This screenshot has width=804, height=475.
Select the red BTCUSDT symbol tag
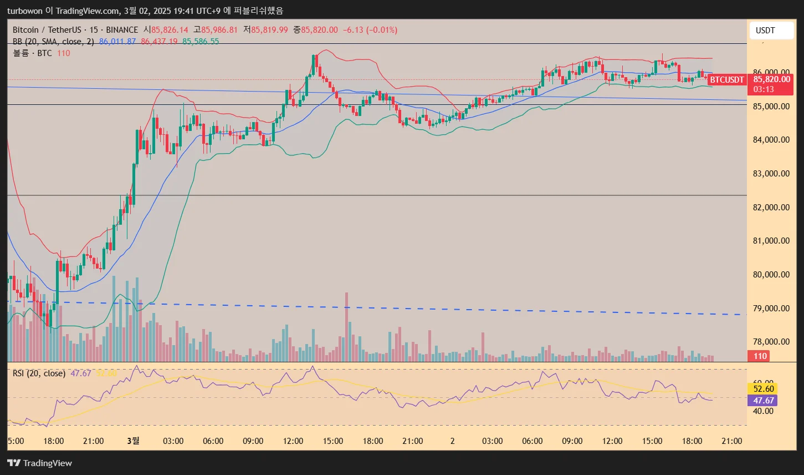click(x=727, y=80)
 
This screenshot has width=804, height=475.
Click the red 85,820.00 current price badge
click(x=772, y=79)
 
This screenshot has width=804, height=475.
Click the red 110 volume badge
click(x=760, y=356)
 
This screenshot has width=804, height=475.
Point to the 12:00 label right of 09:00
click(x=293, y=441)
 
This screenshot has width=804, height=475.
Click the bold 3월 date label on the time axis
click(x=133, y=441)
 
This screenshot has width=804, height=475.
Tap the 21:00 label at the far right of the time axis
click(x=732, y=441)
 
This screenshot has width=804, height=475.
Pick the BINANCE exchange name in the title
click(x=121, y=30)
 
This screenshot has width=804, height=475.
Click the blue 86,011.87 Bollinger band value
click(x=117, y=42)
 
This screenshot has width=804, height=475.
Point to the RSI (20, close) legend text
click(x=39, y=373)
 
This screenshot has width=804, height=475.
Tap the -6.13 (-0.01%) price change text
click(x=370, y=30)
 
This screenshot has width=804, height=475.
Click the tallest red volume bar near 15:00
click(x=347, y=327)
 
